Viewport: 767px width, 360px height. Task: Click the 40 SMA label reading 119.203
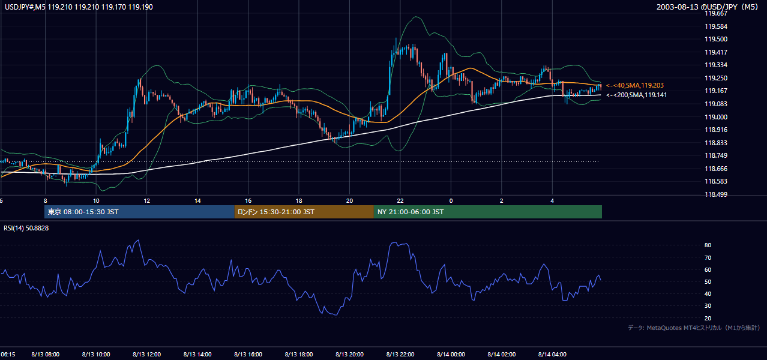(x=635, y=85)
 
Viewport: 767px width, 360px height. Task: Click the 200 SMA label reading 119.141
(x=637, y=95)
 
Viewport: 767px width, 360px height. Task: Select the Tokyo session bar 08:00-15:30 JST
(x=139, y=212)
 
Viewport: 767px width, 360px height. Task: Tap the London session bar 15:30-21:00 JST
(x=304, y=212)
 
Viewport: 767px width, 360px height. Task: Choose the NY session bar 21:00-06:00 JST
(x=488, y=212)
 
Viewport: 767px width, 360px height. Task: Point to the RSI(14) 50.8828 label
(x=26, y=228)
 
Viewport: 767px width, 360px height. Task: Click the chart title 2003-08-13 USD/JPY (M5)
(x=707, y=7)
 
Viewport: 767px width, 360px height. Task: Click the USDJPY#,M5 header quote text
(x=79, y=7)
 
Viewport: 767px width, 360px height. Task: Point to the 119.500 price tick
(x=716, y=39)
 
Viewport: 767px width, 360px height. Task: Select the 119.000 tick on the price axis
(x=716, y=116)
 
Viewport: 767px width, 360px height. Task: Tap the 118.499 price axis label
(x=716, y=194)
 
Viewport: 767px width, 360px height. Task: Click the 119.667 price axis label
(x=716, y=13)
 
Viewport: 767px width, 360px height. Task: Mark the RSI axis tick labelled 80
(x=708, y=245)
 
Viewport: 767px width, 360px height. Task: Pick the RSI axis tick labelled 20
(x=708, y=318)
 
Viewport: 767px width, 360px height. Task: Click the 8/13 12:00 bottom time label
(x=147, y=354)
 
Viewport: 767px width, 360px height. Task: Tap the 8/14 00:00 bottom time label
(x=451, y=354)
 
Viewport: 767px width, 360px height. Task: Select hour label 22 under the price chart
(x=400, y=201)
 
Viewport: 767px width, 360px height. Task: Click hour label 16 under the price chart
(x=248, y=201)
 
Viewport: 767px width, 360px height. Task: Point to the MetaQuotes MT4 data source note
(x=694, y=328)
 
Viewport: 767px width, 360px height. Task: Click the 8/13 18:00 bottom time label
(x=299, y=354)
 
